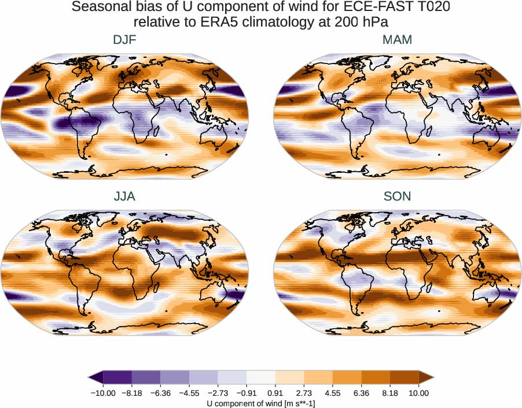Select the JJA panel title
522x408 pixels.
pos(125,196)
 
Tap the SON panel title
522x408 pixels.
pos(397,196)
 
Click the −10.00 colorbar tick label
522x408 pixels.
pos(103,393)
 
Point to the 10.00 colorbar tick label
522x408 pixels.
pos(418,393)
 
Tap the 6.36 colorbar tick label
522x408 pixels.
pos(361,393)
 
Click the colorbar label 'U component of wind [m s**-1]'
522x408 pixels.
pos(260,403)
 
